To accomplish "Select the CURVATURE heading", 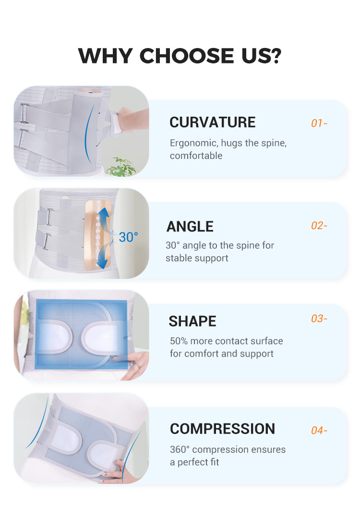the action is tap(212, 122).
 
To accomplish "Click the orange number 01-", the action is tap(319, 123).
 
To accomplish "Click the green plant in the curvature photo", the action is tap(120, 166).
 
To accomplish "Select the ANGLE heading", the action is tap(190, 227).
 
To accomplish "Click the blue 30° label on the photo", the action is tap(128, 237).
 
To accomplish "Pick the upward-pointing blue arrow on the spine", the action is tap(104, 218).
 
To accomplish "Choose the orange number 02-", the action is tap(319, 226).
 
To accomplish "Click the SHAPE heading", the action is tap(192, 321).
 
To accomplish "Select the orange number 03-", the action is tap(319, 319).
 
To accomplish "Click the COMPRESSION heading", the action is tap(223, 429).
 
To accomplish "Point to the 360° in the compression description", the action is tap(180, 449).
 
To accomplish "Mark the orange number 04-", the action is tap(319, 431).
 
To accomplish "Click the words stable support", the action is tap(197, 258).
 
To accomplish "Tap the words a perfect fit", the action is tap(194, 462).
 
